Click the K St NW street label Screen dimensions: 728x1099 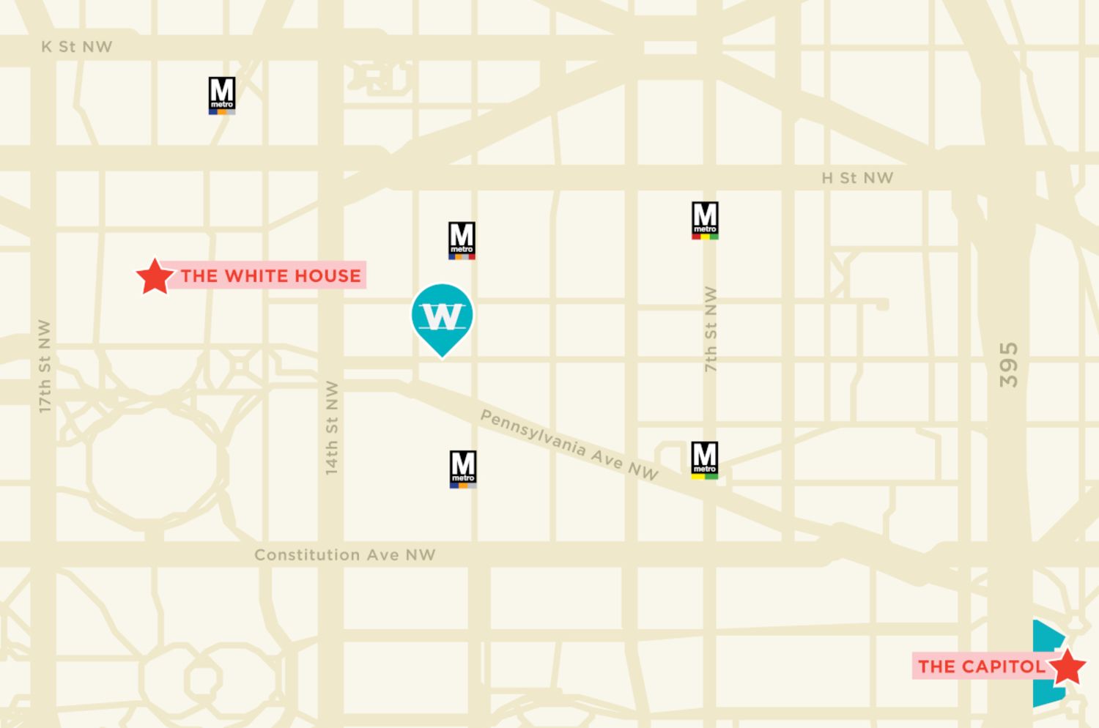coord(77,47)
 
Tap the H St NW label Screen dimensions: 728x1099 coord(857,178)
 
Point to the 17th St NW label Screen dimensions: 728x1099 coord(45,365)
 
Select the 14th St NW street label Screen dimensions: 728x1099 coord(332,427)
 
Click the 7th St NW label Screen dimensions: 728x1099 coord(710,329)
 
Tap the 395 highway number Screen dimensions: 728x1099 coord(1009,365)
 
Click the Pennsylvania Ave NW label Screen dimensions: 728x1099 coord(569,444)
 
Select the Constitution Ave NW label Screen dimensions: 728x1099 coord(344,555)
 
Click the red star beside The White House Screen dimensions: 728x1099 coord(155,277)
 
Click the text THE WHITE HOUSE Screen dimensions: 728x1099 coord(270,276)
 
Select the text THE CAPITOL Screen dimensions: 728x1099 coord(981,666)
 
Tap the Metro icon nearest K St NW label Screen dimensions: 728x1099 coord(222,96)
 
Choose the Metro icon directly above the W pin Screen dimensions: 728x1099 coord(462,240)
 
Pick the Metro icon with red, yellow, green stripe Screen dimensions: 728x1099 coord(705,220)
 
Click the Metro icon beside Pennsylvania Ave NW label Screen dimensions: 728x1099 coord(705,460)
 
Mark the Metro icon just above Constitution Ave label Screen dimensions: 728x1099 coord(463,469)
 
